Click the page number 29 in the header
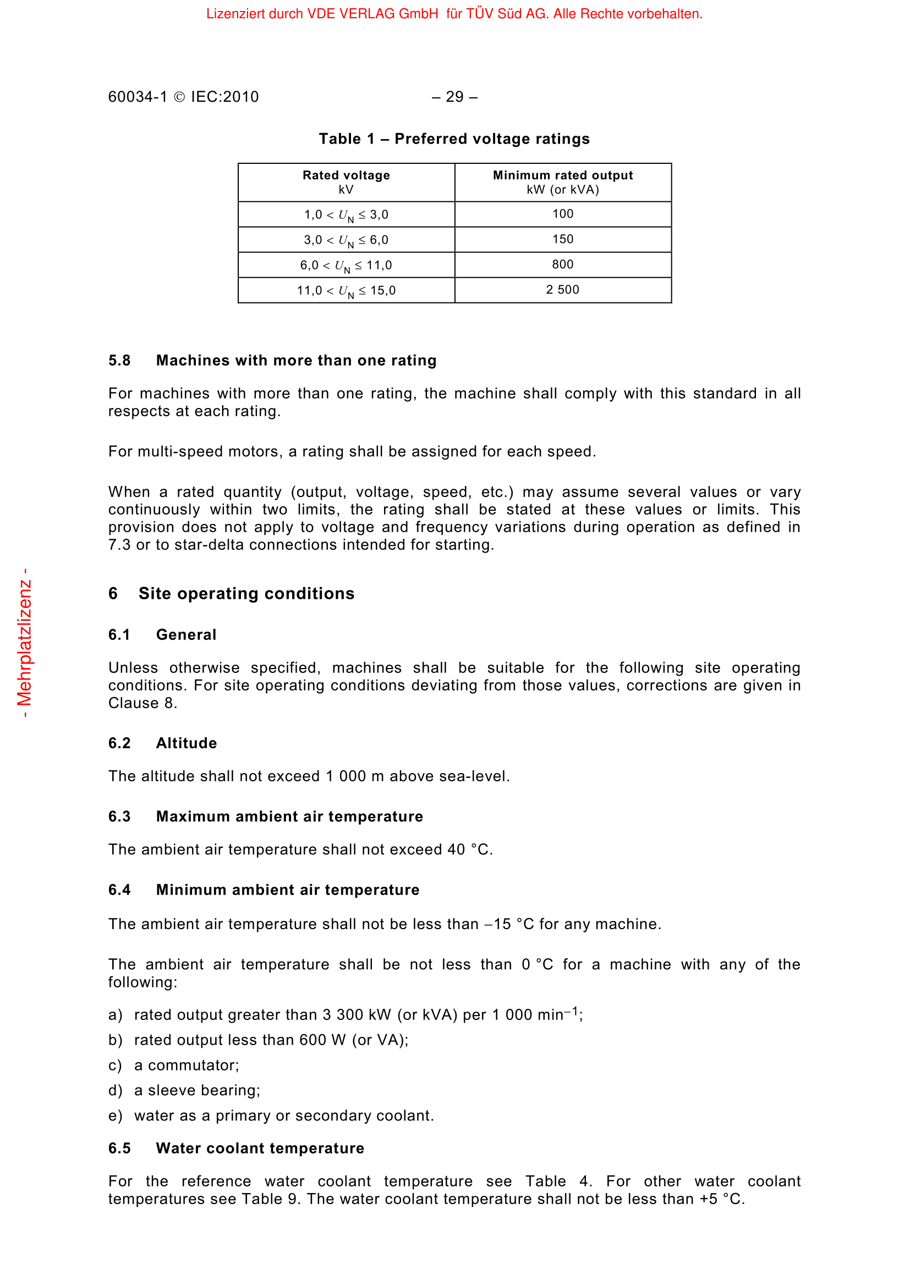(454, 97)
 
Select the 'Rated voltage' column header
(346, 175)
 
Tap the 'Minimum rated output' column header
(563, 175)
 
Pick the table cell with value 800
(563, 264)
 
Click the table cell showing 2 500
(563, 290)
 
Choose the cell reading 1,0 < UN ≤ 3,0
(346, 215)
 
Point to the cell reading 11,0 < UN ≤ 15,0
(346, 291)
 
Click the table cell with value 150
(563, 239)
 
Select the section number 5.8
(119, 360)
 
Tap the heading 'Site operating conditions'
(246, 594)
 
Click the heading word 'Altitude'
(186, 743)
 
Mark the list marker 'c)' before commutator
(115, 1066)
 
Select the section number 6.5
(119, 1148)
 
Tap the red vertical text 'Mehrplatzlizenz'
(24, 642)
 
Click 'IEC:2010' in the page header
(224, 97)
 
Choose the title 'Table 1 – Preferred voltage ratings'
(454, 139)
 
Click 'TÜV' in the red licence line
(479, 14)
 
